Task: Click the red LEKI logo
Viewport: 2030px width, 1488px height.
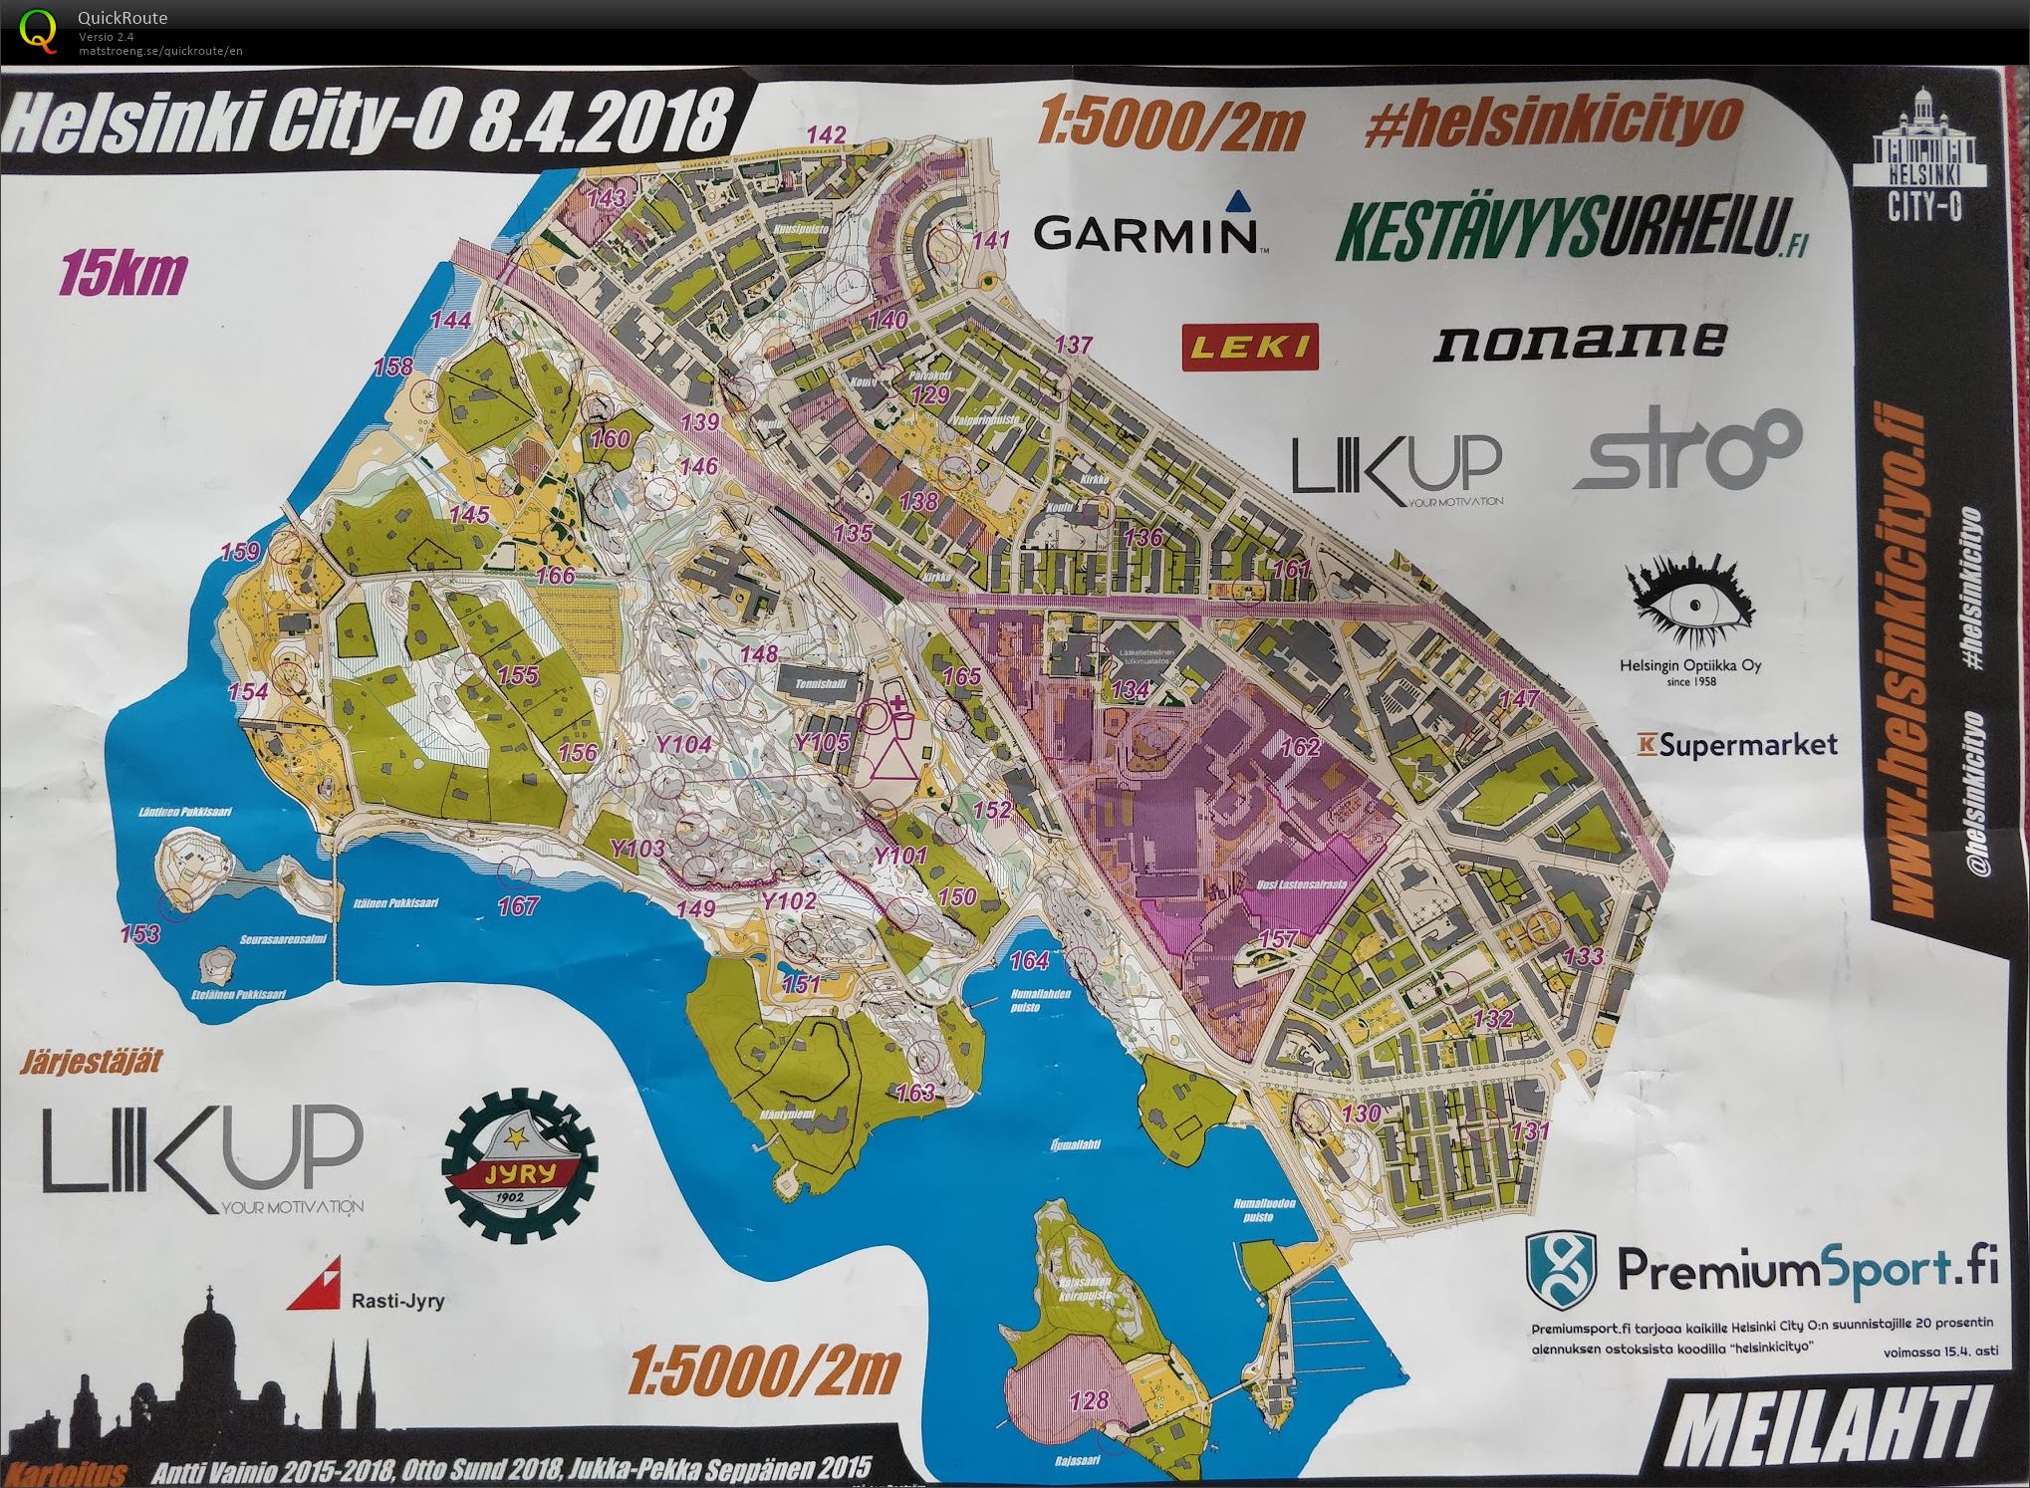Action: click(1250, 347)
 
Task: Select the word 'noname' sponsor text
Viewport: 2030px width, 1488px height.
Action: click(1579, 341)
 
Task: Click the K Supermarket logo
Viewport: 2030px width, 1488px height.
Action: click(1737, 744)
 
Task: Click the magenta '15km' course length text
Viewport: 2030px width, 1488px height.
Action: click(124, 274)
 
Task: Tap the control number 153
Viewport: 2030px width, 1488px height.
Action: click(139, 933)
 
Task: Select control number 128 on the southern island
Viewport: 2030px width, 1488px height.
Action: click(1089, 1400)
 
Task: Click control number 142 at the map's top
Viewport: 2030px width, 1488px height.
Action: click(826, 134)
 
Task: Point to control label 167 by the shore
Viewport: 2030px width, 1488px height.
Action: click(518, 905)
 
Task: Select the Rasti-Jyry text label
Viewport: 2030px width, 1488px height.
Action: click(397, 1300)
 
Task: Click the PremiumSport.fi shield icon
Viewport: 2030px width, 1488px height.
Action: click(1561, 1270)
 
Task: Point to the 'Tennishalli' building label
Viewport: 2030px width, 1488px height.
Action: click(821, 684)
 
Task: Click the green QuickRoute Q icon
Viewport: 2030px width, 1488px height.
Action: click(39, 30)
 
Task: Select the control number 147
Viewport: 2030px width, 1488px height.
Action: click(1520, 699)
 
